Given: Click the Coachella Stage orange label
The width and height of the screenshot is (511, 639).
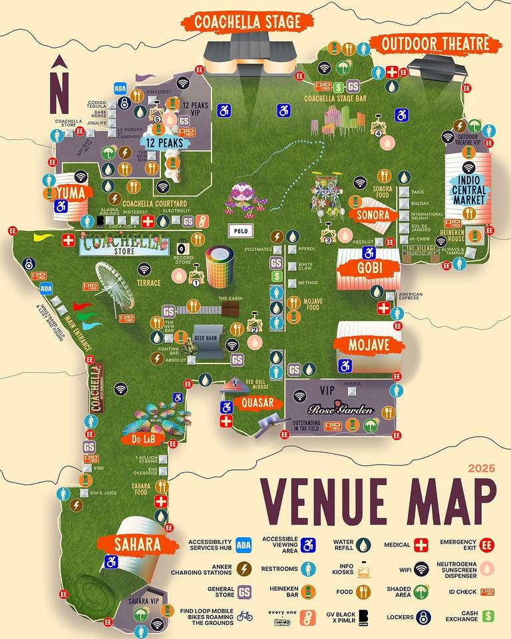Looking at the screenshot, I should (x=248, y=21).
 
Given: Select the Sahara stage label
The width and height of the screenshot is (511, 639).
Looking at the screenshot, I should (x=137, y=544).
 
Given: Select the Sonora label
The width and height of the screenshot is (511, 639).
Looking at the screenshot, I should (x=373, y=216).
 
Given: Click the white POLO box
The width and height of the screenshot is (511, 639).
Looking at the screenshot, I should (x=241, y=230).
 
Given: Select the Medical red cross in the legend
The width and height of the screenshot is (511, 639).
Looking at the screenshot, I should (x=421, y=546).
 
